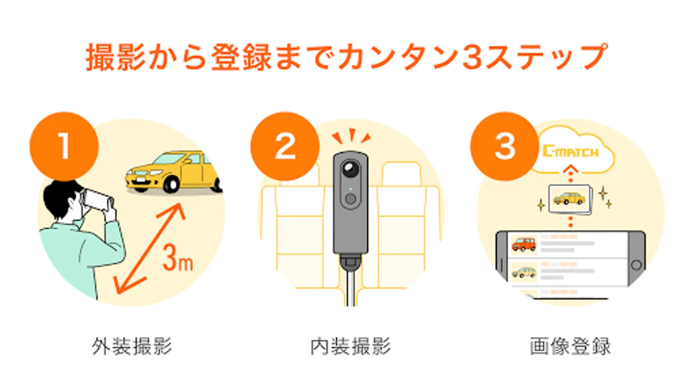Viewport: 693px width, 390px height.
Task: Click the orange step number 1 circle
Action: (64, 146)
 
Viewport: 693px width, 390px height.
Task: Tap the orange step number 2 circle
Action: (285, 146)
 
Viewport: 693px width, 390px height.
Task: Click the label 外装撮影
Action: (132, 346)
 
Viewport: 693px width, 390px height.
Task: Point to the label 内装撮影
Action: (350, 346)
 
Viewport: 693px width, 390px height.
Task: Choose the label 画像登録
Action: (570, 346)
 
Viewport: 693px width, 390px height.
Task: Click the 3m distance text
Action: (178, 258)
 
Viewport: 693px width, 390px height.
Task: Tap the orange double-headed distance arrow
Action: (149, 248)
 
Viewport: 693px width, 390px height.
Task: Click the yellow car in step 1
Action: (174, 172)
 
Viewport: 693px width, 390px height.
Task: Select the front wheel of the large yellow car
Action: (171, 184)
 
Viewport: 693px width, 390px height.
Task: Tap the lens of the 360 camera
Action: (350, 169)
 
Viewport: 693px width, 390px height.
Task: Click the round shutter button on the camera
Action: (350, 199)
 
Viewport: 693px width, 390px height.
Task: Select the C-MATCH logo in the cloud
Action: (570, 151)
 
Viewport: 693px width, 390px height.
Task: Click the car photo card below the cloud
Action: (570, 199)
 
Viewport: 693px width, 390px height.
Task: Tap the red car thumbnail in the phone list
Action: (524, 244)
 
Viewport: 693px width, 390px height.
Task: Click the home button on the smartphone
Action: (636, 265)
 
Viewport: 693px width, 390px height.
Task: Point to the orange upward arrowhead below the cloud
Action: (570, 169)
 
